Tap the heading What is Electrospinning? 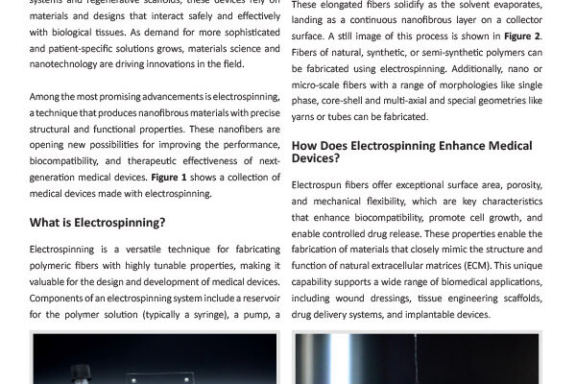coord(98,223)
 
